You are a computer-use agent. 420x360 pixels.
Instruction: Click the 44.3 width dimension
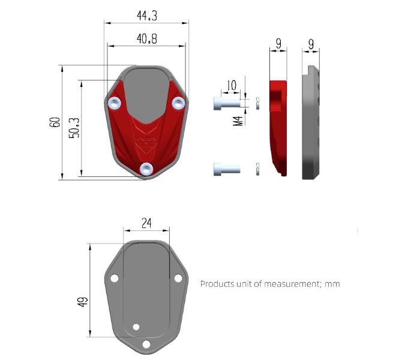(147, 16)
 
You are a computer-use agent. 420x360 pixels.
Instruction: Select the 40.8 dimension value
(147, 39)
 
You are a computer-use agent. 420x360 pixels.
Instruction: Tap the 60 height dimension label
(55, 122)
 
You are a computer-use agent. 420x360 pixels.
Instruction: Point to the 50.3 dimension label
(74, 128)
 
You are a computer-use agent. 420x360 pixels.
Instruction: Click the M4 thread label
(238, 121)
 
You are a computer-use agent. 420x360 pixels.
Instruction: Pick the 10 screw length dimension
(232, 85)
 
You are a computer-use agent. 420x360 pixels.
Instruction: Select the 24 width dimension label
(146, 223)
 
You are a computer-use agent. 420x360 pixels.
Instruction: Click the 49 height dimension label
(83, 302)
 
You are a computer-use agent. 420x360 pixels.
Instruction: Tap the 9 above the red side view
(278, 43)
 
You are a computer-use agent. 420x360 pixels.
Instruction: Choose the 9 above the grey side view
(311, 44)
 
